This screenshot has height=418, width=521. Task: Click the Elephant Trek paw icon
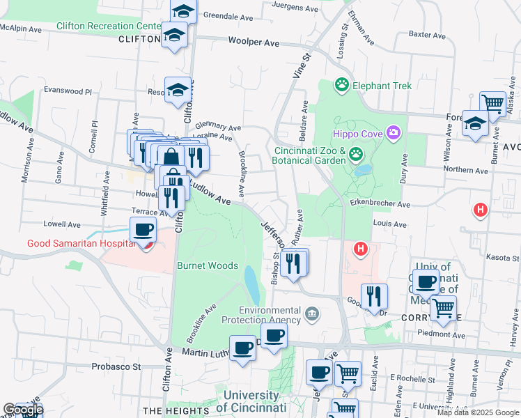tap(341, 85)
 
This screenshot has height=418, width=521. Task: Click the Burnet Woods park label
tap(208, 265)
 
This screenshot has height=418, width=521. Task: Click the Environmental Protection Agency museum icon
tap(312, 315)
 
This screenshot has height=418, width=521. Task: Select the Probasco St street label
tap(116, 366)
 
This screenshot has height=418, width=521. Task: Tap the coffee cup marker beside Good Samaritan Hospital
tap(143, 229)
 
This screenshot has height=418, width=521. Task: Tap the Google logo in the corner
tap(22, 410)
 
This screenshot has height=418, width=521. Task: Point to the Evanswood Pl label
tap(68, 91)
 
